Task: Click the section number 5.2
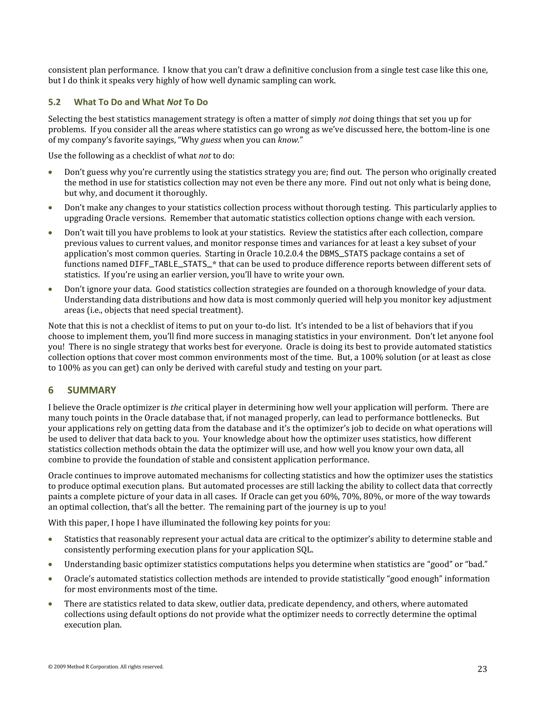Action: pos(54,102)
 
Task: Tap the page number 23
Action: pos(482,669)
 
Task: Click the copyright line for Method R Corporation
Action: pos(106,666)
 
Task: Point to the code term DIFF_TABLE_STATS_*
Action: pos(173,264)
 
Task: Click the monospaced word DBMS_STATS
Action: pos(344,253)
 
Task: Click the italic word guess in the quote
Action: pos(211,140)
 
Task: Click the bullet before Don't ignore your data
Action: pos(50,289)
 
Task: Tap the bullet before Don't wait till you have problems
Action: pos(50,233)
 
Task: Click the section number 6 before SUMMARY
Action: pos(51,390)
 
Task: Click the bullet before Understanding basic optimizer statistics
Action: pos(50,564)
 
